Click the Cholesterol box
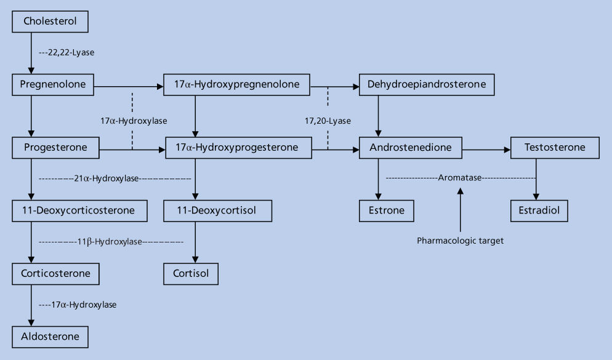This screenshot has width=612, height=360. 51,22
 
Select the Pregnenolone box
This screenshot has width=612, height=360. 53,84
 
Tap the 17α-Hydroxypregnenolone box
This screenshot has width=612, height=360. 237,84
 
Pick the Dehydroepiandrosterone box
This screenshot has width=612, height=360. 427,84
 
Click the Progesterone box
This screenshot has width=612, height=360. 55,148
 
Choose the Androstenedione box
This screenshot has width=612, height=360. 411,148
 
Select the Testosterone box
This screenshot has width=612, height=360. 555,148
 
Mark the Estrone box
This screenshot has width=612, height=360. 387,210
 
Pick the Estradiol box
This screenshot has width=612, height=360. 539,210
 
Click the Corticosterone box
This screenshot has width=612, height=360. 55,273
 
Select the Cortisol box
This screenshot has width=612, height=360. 191,273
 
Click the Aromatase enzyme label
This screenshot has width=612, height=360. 459,178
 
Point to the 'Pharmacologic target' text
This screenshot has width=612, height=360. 460,241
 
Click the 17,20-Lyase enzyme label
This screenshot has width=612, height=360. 328,121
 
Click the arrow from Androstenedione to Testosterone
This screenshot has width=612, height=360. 486,148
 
